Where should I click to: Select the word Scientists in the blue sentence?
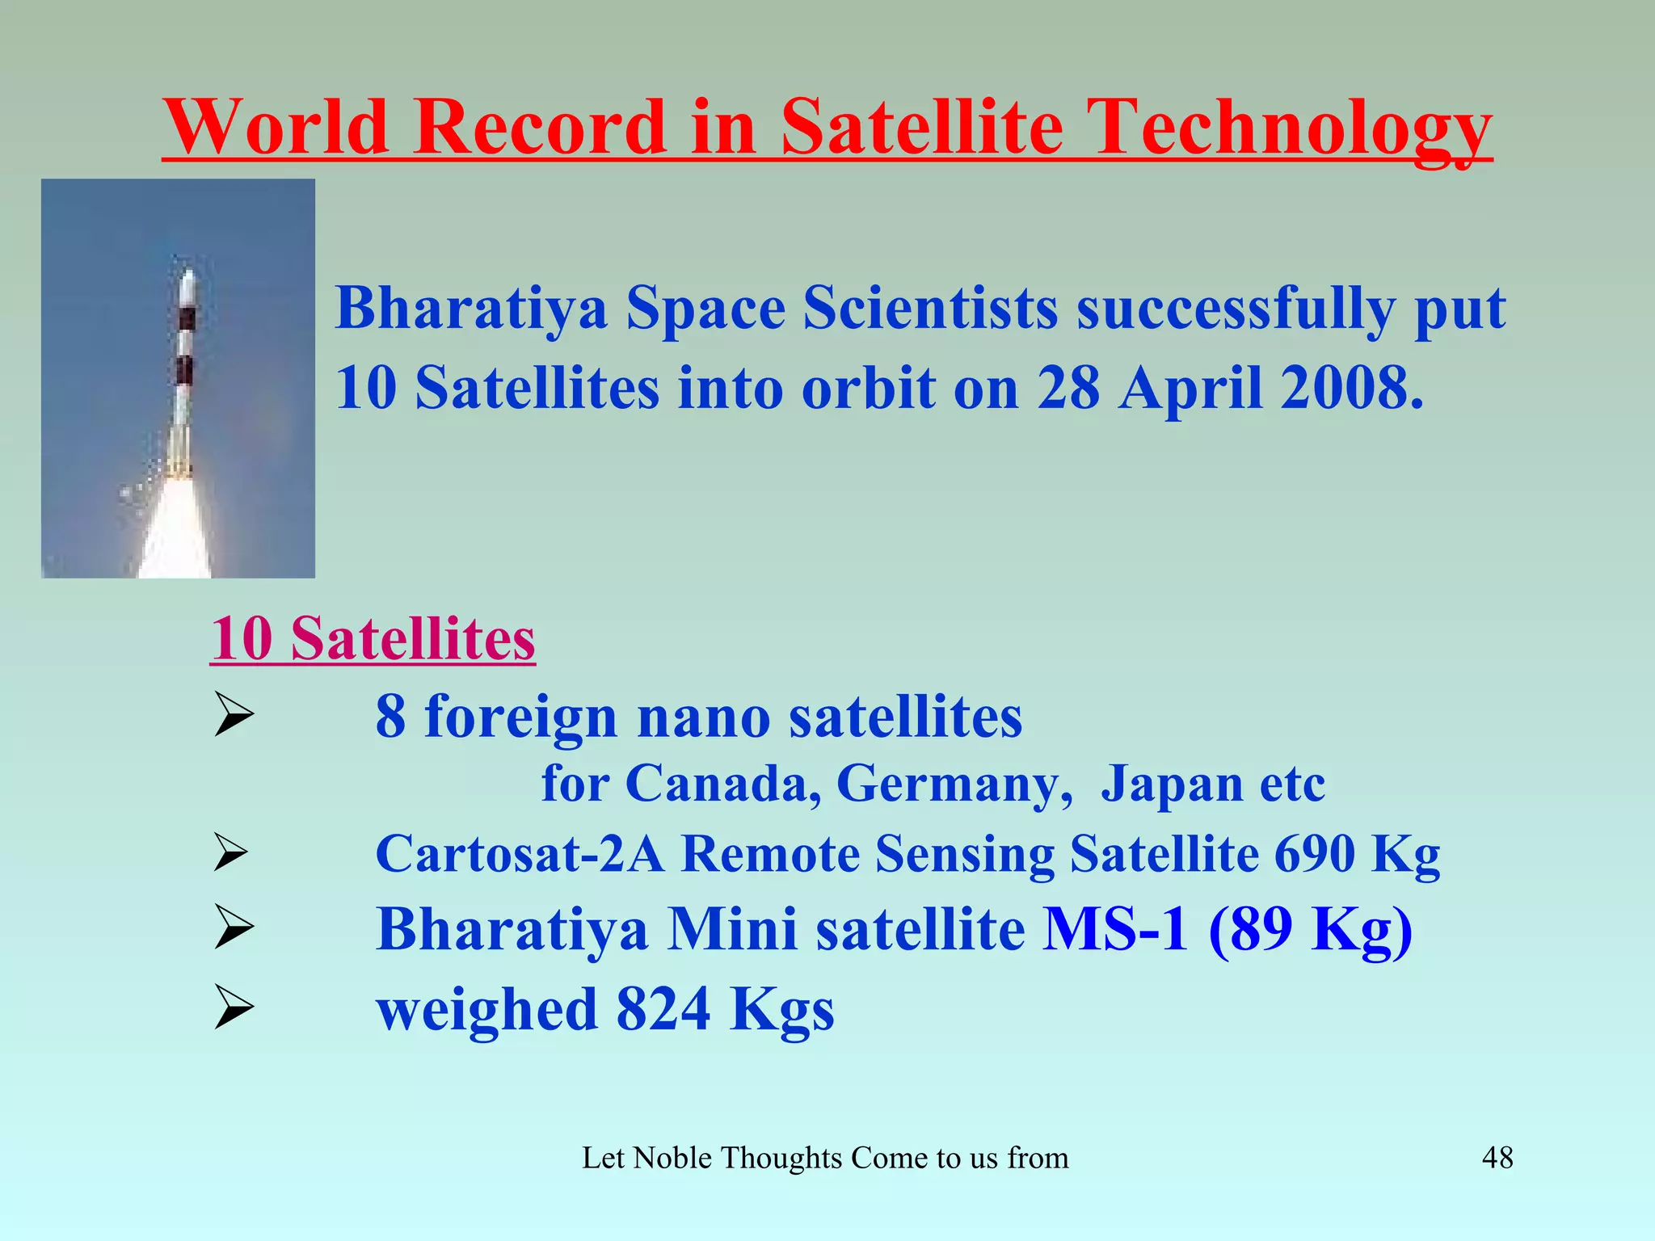coord(929,309)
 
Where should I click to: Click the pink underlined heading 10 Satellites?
coord(373,639)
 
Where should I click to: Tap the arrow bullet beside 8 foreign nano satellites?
coord(233,716)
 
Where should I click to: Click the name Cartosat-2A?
coord(520,855)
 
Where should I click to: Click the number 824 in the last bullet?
coord(663,1010)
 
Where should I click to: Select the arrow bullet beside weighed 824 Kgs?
coord(233,1010)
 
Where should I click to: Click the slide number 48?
coord(1497,1158)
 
